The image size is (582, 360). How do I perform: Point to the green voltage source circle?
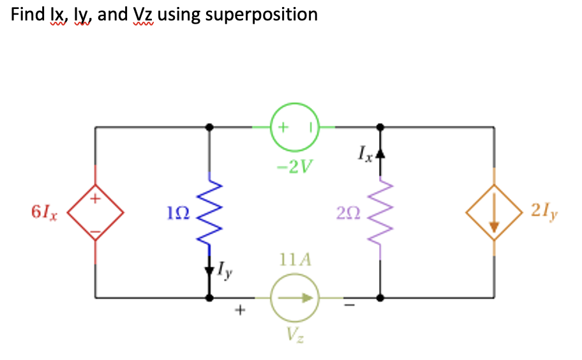[295, 127]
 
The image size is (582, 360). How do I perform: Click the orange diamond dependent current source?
[493, 213]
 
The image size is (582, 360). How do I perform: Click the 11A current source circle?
[295, 297]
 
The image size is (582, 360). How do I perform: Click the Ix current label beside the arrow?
[365, 153]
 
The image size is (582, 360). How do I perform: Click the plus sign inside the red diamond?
[96, 199]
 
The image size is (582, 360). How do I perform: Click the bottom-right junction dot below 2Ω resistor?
[381, 297]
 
